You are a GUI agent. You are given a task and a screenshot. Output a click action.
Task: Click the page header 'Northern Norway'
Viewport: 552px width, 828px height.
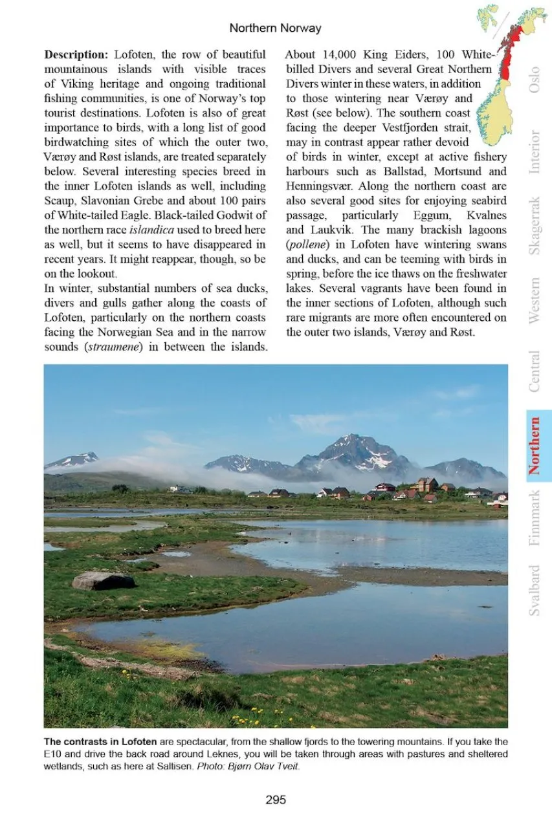click(275, 28)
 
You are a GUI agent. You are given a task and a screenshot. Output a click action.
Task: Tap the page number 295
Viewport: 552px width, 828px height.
click(276, 800)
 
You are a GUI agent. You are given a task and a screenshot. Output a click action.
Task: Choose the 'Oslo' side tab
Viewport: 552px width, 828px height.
click(535, 79)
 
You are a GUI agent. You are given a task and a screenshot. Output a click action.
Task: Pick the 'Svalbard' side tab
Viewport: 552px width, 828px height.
click(535, 590)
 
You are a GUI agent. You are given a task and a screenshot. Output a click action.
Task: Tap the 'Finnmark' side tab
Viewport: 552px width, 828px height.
click(535, 518)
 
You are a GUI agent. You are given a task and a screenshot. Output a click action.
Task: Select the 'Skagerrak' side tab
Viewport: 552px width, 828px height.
click(535, 225)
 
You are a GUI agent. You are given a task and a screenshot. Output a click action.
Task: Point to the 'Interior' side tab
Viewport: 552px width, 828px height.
click(535, 152)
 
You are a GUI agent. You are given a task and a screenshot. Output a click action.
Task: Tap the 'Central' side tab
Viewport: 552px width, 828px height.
click(535, 371)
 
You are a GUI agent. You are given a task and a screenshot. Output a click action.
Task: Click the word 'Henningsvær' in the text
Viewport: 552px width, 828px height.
click(318, 186)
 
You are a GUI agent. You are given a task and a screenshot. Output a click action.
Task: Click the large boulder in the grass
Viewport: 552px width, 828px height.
click(104, 580)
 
